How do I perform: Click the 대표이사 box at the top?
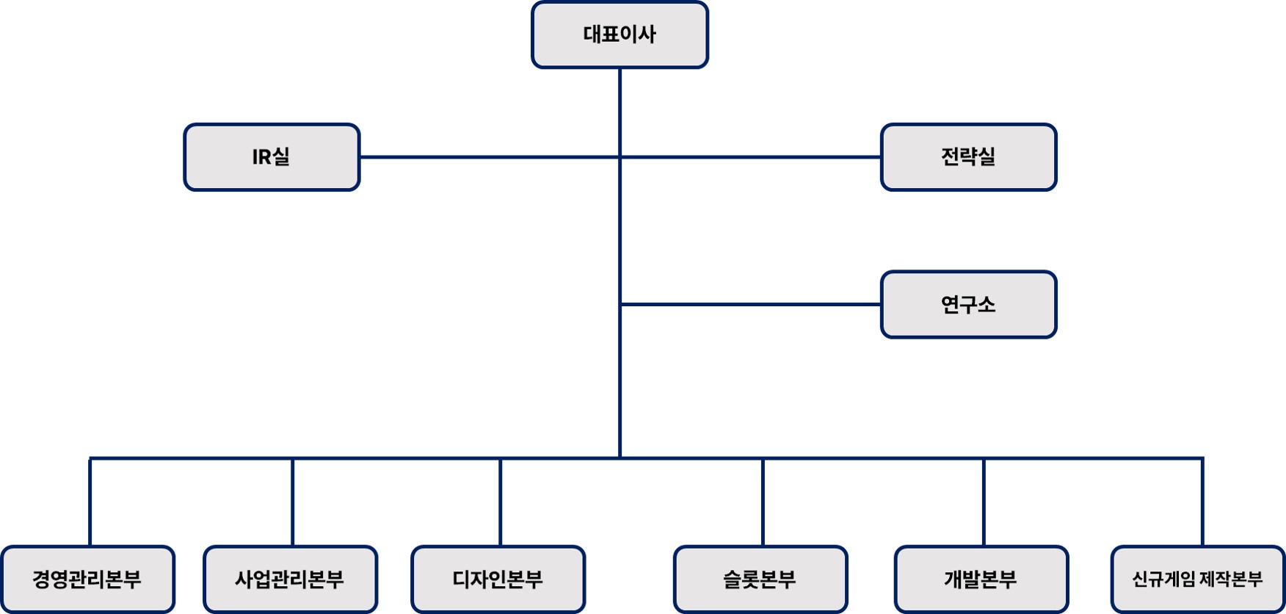point(620,35)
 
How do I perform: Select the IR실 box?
point(272,157)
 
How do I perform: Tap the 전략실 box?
point(968,157)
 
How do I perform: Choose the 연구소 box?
point(968,304)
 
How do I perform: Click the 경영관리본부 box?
point(87,579)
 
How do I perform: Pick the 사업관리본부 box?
point(290,579)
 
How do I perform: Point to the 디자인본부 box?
point(498,579)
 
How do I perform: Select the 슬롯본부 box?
point(760,579)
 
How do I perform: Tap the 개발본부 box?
point(981,579)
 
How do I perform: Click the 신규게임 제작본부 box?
point(1197,579)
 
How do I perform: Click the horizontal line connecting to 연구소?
point(749,304)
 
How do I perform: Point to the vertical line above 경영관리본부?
point(90,502)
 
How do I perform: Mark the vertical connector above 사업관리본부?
point(293,502)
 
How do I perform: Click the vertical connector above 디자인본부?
point(501,502)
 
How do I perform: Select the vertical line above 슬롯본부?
point(763,502)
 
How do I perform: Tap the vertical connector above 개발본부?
point(984,502)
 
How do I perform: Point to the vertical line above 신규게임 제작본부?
point(1202,502)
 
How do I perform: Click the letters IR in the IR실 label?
point(262,157)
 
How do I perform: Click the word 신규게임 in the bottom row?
point(1163,579)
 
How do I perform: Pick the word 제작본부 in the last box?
point(1232,579)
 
